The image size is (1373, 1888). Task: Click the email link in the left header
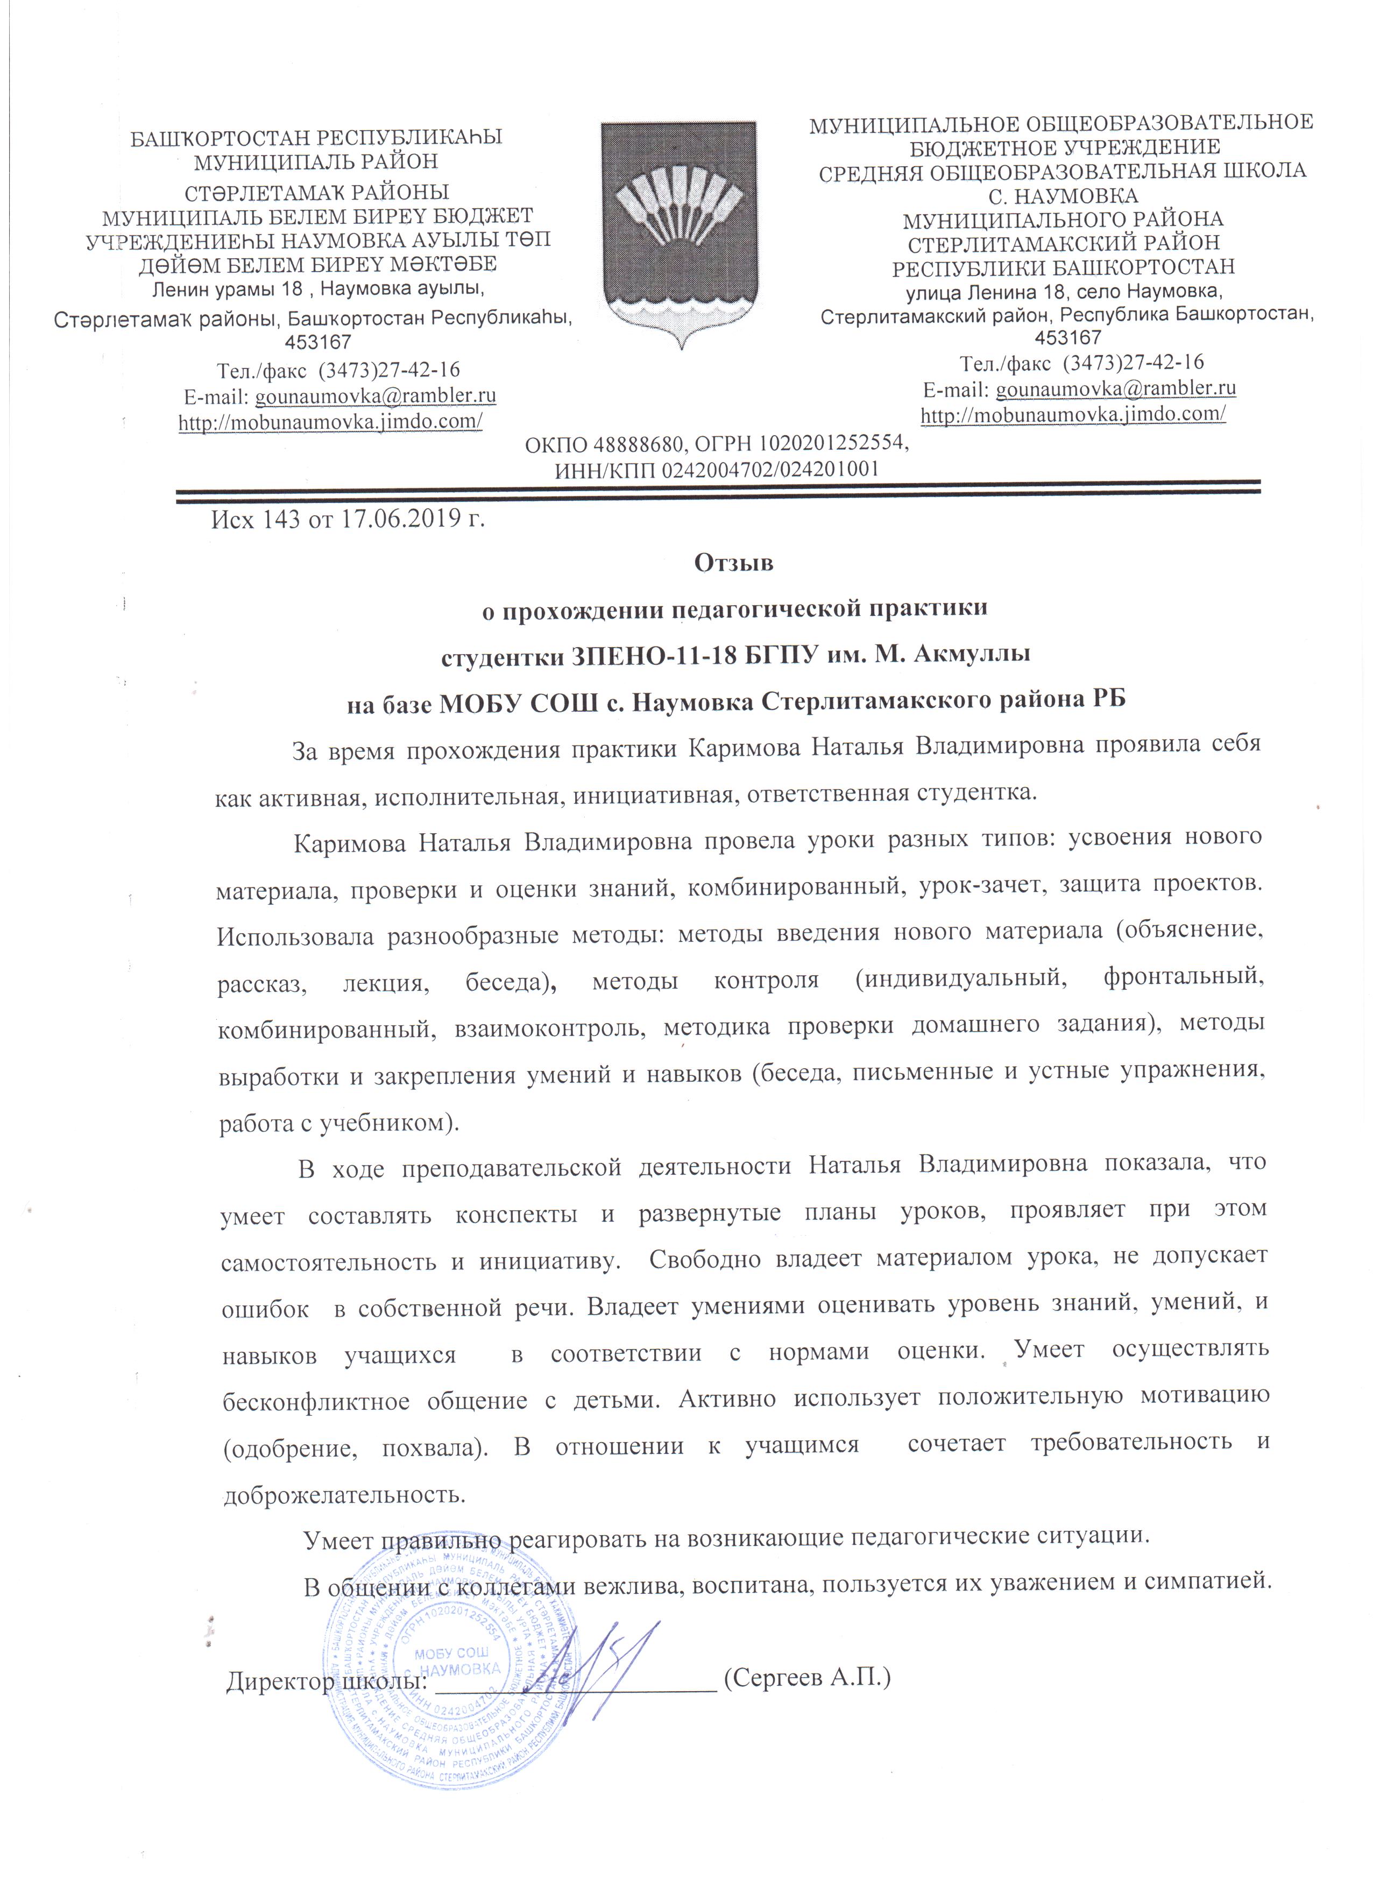coord(374,395)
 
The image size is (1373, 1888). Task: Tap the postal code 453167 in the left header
coord(318,342)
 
